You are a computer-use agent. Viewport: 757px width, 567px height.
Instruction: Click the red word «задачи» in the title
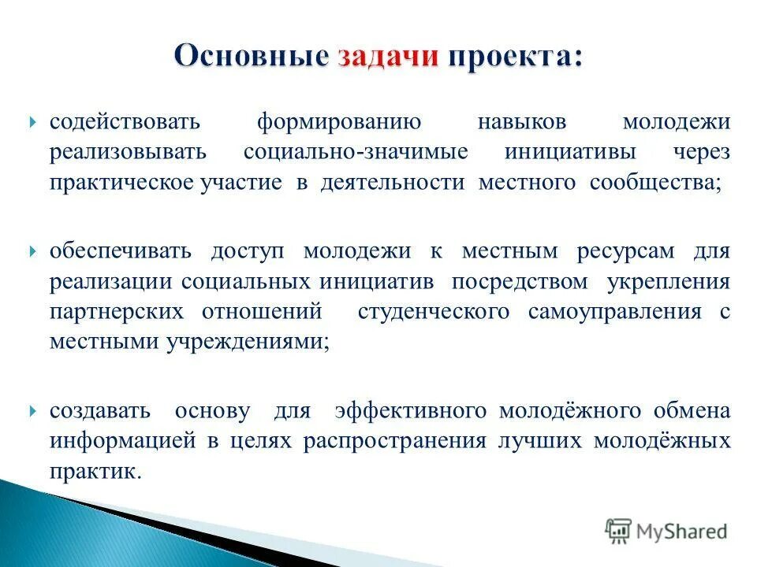pyautogui.click(x=387, y=57)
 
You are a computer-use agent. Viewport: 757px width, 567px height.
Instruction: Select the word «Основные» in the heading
pyautogui.click(x=250, y=57)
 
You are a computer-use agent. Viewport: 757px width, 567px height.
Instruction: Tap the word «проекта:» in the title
pyautogui.click(x=516, y=57)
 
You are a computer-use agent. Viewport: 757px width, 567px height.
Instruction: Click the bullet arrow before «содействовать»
pyautogui.click(x=33, y=124)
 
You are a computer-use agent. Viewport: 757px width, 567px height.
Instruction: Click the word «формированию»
pyautogui.click(x=340, y=124)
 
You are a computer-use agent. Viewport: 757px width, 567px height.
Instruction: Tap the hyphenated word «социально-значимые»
pyautogui.click(x=356, y=153)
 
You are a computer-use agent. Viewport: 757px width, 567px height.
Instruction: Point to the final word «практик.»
pyautogui.click(x=96, y=471)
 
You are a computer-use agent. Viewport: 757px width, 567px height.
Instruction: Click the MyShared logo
pyautogui.click(x=666, y=532)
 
